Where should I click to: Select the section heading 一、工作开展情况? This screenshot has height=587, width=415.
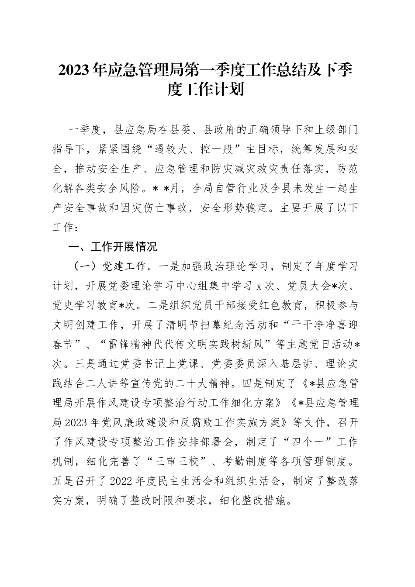[113, 247]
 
